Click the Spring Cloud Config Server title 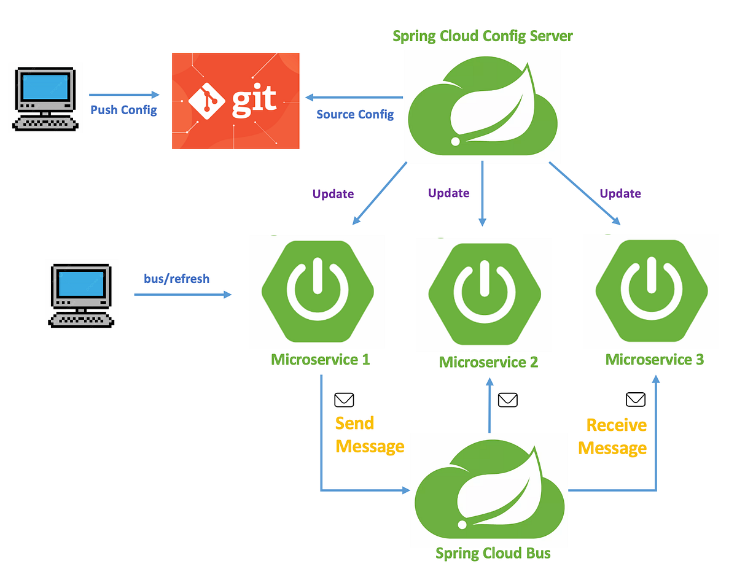coord(482,36)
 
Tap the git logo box coord(235,101)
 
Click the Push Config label coord(123,110)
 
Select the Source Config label coord(355,114)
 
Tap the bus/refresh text coord(176,279)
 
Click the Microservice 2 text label coord(488,362)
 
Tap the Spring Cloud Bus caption coord(493,553)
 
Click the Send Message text coord(368,435)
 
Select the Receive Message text coord(613,436)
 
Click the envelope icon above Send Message coord(344,400)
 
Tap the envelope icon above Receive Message coord(636,400)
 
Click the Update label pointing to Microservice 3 coord(620,193)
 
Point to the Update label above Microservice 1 coord(333,194)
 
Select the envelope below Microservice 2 coord(507,400)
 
